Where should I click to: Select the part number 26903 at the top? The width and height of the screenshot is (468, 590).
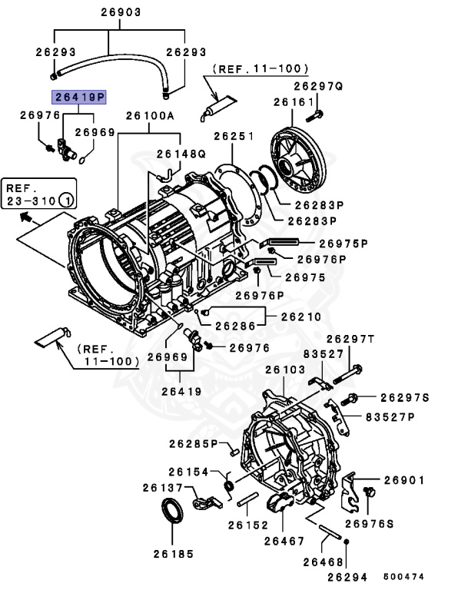tap(119, 13)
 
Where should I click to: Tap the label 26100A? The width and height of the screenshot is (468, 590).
tap(151, 115)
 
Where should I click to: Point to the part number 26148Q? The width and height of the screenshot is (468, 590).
tap(181, 154)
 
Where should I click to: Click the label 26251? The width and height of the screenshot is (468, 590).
tap(234, 136)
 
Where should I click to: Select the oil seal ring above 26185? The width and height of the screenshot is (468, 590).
tap(172, 513)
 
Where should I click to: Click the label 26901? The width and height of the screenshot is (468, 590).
tap(403, 480)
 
